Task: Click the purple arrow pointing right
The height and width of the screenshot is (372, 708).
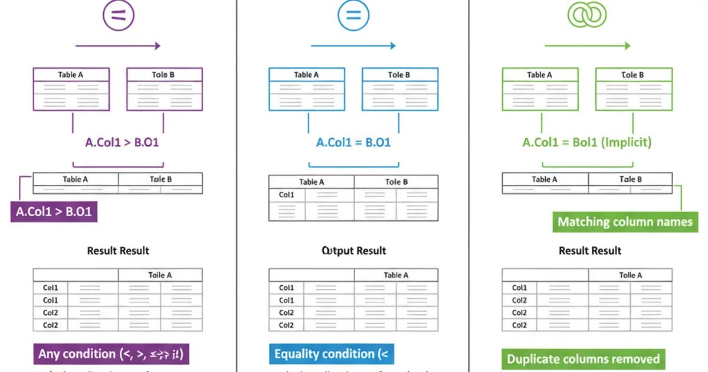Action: pos(118,46)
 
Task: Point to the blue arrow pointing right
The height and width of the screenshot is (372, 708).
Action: pos(353,46)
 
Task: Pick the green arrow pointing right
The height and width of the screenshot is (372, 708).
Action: pos(588,46)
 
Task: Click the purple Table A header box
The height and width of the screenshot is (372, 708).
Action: pos(71,75)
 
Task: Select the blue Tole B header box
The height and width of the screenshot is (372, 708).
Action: pos(399,75)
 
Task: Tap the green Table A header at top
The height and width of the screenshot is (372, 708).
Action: pos(539,75)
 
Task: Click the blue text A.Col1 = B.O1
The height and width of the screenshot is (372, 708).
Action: pos(353,142)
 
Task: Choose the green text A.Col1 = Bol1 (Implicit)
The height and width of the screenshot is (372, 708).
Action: pos(586,142)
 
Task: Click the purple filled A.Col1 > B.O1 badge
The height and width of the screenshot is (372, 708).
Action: pos(54,211)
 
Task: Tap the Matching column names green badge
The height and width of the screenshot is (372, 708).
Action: pos(625,222)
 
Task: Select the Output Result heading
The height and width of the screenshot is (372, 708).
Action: pos(353,250)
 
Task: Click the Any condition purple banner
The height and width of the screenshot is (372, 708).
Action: pos(111,354)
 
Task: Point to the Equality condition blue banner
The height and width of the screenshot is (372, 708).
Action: pos(331,354)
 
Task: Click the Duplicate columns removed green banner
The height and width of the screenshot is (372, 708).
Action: pos(583,358)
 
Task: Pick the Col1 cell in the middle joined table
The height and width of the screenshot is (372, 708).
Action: pos(287,195)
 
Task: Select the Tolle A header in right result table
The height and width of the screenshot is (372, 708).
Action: pos(630,275)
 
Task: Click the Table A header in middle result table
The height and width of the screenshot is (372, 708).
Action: pos(396,275)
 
